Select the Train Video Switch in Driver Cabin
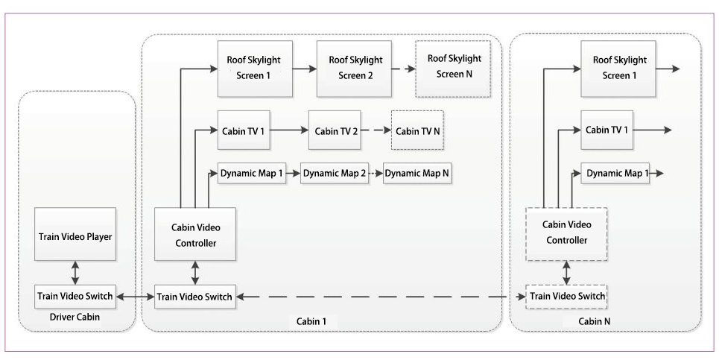pyautogui.click(x=75, y=297)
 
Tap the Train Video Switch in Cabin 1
pyautogui.click(x=194, y=297)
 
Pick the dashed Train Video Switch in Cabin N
pyautogui.click(x=566, y=297)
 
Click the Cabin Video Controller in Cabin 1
pyautogui.click(x=194, y=234)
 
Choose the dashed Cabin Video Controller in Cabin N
pyautogui.click(x=566, y=234)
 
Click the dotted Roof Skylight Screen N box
pyautogui.click(x=446, y=68)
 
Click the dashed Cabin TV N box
pyautogui.click(x=417, y=130)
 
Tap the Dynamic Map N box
pyautogui.click(x=416, y=174)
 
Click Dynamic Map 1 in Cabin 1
pyautogui.click(x=251, y=174)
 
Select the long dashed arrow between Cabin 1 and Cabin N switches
pyautogui.click(x=380, y=297)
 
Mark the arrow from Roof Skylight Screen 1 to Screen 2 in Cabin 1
pyautogui.click(x=304, y=68)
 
